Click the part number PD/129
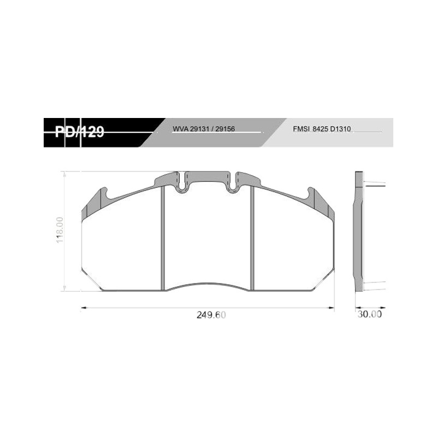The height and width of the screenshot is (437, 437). coord(79,132)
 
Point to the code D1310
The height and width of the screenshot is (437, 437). coord(340,129)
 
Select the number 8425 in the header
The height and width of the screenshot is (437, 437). coord(321,129)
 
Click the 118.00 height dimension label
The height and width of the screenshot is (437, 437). coord(60,230)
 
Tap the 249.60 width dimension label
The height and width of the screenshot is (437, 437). coord(211,315)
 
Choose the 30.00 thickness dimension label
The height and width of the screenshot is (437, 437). coord(370,314)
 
